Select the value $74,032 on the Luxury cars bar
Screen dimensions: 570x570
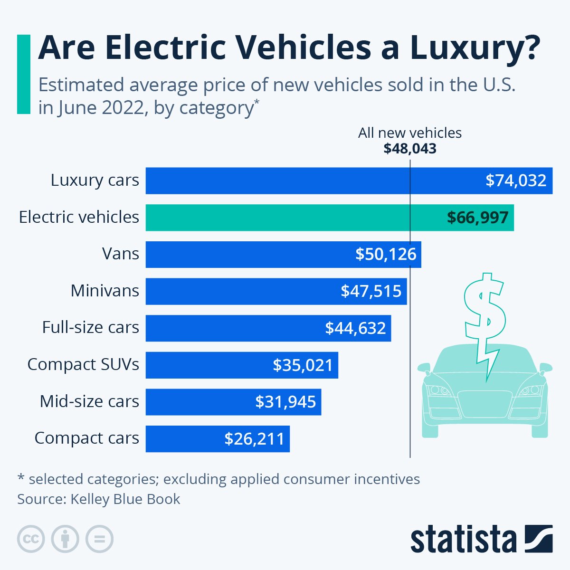point(515,180)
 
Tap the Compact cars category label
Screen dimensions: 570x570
point(86,438)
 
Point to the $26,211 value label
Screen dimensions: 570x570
point(254,439)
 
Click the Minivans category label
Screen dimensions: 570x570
point(104,291)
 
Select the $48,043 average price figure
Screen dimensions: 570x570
point(409,149)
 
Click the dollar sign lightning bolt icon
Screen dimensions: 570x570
point(484,318)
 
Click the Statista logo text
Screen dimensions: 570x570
point(463,540)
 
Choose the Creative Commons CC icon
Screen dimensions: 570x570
point(31,539)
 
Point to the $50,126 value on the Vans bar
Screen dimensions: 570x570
point(386,254)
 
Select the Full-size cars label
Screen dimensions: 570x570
point(90,327)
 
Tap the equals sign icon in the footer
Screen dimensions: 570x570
point(100,539)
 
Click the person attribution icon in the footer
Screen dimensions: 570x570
point(65,539)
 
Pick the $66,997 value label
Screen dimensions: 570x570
point(477,218)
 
